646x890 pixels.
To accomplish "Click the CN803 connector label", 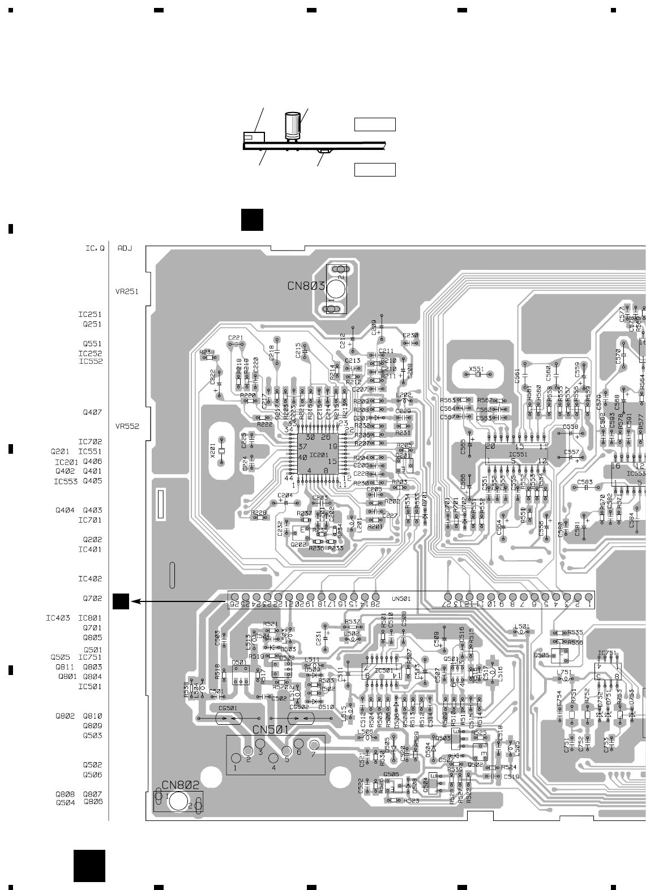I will [306, 286].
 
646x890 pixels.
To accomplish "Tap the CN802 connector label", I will [181, 785].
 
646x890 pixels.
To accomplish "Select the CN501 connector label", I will [271, 729].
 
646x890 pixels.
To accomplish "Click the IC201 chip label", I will [319, 454].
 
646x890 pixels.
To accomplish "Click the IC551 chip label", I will [517, 454].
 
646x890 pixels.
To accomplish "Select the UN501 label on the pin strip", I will [401, 598].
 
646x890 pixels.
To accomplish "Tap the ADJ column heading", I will [125, 248].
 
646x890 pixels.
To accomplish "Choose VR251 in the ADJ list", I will [127, 292].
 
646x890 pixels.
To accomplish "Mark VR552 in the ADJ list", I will [127, 427].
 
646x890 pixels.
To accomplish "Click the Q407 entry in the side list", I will [93, 412].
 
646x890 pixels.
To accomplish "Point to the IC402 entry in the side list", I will [90, 579].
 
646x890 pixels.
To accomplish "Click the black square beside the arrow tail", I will [121, 601].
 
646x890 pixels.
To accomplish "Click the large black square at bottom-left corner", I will [89, 865].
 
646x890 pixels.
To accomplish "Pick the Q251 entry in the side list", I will [93, 324].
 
